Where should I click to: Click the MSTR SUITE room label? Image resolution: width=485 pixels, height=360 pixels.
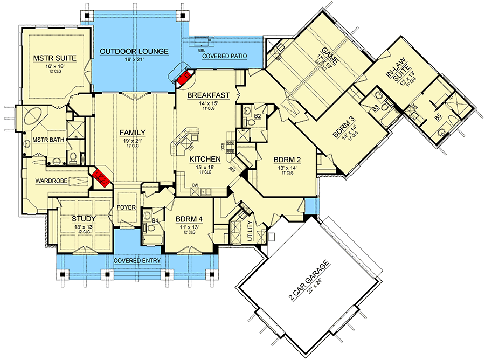point(54,57)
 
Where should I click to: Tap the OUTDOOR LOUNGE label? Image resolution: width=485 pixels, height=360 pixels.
point(134,52)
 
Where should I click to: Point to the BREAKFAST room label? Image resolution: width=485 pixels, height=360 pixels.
point(209,95)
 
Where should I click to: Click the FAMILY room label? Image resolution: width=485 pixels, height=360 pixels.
point(133,132)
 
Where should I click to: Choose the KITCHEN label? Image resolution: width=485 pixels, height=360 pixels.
point(205,160)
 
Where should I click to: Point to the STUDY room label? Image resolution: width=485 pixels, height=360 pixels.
point(84,219)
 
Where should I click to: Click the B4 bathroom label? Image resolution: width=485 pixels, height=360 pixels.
point(154,220)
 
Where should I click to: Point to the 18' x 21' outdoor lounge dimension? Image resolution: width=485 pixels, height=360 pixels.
point(134,60)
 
